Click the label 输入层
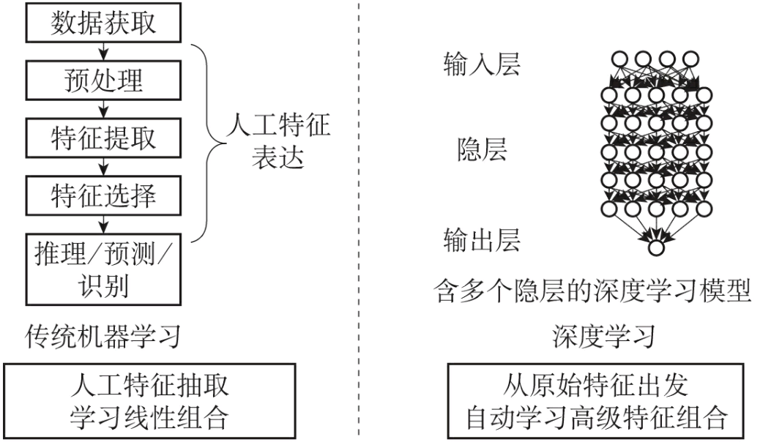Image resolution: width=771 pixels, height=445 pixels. [x=482, y=65]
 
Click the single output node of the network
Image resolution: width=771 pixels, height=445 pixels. [x=656, y=247]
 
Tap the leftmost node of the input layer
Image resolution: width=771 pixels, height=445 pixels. [x=619, y=59]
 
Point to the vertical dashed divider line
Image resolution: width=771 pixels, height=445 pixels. [x=360, y=220]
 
